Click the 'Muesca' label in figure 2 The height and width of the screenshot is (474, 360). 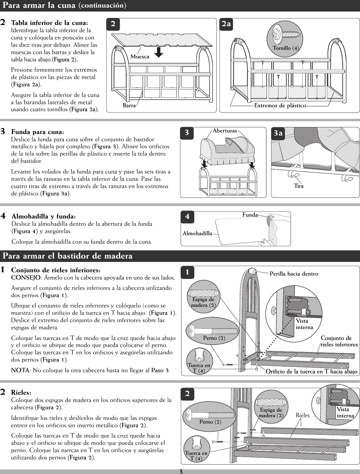click(x=140, y=57)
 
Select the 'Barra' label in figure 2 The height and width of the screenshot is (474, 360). click(x=129, y=105)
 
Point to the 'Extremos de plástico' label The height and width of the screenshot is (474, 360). click(x=280, y=105)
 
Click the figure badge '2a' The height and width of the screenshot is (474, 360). click(x=226, y=24)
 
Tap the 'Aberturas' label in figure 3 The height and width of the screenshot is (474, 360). click(x=225, y=131)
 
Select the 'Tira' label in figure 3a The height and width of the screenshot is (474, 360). click(x=299, y=186)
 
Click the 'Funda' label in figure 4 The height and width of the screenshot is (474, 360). click(x=250, y=215)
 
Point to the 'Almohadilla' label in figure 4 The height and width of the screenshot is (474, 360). click(x=197, y=233)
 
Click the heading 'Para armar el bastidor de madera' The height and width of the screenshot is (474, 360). click(x=68, y=256)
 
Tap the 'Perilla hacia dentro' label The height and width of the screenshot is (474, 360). click(x=294, y=274)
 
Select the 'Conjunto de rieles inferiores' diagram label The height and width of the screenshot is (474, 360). click(x=339, y=342)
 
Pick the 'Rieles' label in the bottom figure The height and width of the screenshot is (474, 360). click(x=302, y=415)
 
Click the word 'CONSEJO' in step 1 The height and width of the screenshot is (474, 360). click(x=26, y=278)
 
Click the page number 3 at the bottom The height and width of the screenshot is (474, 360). click(x=180, y=471)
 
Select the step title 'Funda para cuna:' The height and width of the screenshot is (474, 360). click(x=38, y=132)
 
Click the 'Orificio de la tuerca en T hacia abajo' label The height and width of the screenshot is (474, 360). click(x=312, y=371)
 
